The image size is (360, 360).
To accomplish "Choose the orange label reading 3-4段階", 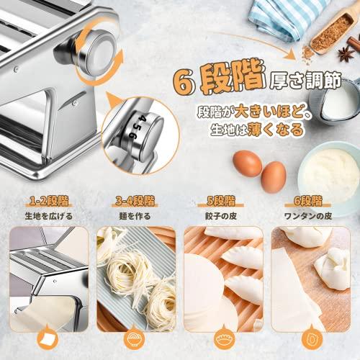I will [x=135, y=200].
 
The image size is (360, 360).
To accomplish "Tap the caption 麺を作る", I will [x=135, y=215].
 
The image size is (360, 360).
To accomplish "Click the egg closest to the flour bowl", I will [x=273, y=176].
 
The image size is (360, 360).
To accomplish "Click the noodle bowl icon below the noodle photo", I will [x=135, y=338].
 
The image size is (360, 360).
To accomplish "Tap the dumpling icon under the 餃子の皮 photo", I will [x=222, y=338].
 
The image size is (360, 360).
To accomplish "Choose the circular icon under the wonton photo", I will [x=310, y=338].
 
